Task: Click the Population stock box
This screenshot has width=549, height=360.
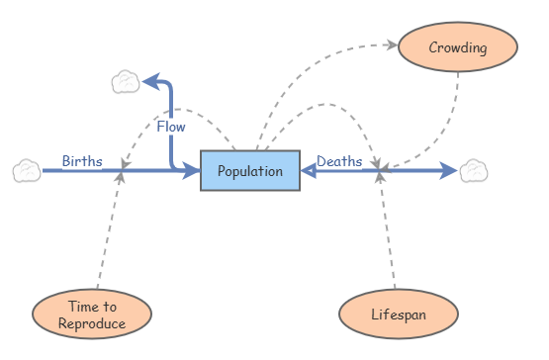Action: (250, 171)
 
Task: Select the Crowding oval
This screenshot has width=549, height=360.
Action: (458, 47)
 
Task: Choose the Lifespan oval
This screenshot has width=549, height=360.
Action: (399, 315)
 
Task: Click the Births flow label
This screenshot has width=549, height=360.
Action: (82, 160)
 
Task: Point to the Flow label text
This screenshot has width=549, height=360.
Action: (170, 127)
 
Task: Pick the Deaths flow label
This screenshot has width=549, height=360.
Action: (339, 160)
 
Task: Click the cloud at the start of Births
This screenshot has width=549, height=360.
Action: (27, 171)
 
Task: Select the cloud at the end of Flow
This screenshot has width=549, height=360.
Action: (126, 80)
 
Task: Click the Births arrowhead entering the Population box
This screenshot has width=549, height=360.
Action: (192, 171)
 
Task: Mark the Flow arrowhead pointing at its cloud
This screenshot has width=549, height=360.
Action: (150, 80)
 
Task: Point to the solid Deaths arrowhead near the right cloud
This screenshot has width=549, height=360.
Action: (448, 171)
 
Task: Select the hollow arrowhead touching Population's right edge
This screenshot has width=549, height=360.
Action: (308, 171)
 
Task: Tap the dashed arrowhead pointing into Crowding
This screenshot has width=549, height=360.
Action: (392, 45)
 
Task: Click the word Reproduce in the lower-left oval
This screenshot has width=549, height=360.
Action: (92, 323)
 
